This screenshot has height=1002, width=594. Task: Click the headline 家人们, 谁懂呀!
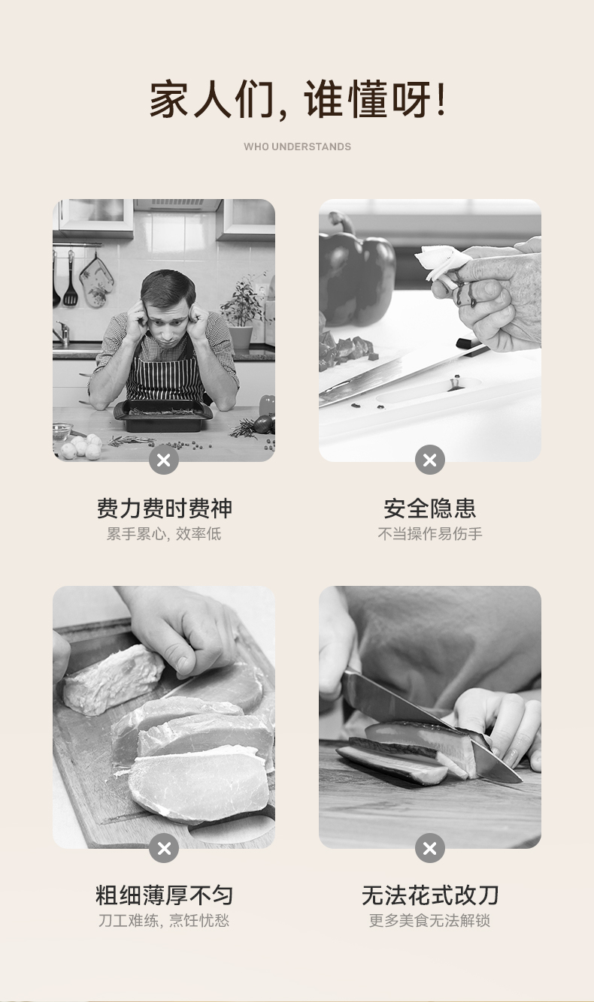click(297, 100)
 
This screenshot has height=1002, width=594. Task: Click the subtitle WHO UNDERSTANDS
click(297, 146)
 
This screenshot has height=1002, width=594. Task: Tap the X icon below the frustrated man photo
click(164, 460)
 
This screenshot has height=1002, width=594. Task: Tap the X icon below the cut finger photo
click(430, 460)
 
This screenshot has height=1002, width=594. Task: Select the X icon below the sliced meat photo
click(164, 848)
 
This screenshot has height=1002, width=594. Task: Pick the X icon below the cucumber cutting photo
click(430, 848)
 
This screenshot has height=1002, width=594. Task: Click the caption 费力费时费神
click(164, 509)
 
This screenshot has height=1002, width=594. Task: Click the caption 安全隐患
click(430, 509)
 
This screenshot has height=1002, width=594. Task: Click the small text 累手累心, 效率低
click(164, 533)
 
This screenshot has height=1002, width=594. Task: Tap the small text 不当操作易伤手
click(430, 533)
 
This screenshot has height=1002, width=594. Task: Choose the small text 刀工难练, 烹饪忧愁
click(164, 921)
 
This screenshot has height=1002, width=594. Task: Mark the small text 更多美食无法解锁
click(430, 921)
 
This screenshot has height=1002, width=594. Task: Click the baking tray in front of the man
click(163, 415)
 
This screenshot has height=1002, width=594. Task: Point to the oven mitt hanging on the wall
click(96, 281)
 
